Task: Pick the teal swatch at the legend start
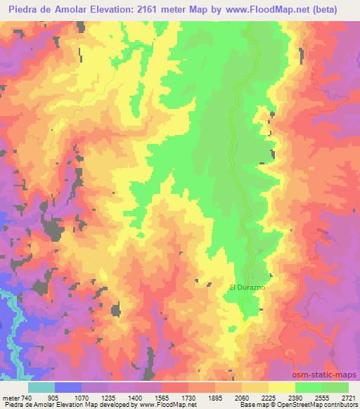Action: click(x=41, y=387)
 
